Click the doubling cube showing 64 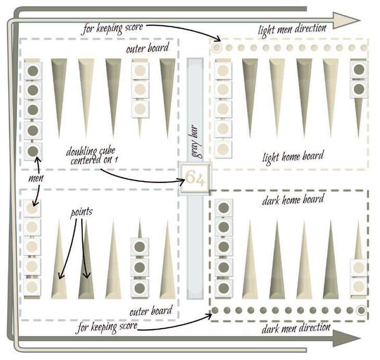pyautogui.click(x=194, y=178)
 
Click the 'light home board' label pyautogui.click(x=293, y=157)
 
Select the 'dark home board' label pyautogui.click(x=293, y=200)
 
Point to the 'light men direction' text pyautogui.click(x=292, y=30)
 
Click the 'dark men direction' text pyautogui.click(x=296, y=329)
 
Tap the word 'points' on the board pyautogui.click(x=81, y=213)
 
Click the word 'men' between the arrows pyautogui.click(x=36, y=179)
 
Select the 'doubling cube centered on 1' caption pyautogui.click(x=92, y=156)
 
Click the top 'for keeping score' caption pyautogui.click(x=113, y=28)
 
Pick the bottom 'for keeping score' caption pyautogui.click(x=107, y=327)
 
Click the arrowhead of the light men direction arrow pyautogui.click(x=346, y=21)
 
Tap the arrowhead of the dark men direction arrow pyautogui.click(x=346, y=338)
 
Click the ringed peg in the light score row pyautogui.click(x=217, y=48)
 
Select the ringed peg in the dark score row pyautogui.click(x=361, y=310)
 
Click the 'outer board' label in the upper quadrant pyautogui.click(x=148, y=48)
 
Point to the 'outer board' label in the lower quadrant pyautogui.click(x=151, y=312)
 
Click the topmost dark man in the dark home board pyautogui.click(x=224, y=208)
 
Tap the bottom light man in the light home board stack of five pyautogui.click(x=223, y=149)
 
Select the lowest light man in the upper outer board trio pyautogui.click(x=140, y=109)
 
